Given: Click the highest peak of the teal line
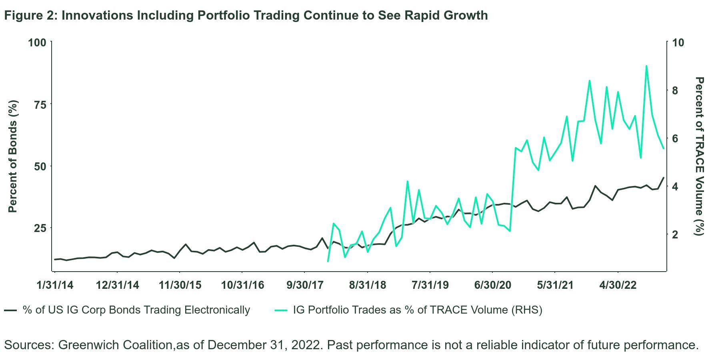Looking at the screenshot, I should (646, 66).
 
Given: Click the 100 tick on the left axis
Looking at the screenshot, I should (37, 42).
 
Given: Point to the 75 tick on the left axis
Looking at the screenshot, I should (40, 104).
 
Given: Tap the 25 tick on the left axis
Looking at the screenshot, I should (40, 228).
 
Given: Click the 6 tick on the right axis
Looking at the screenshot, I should (676, 138).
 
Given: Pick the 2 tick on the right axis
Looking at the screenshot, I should (676, 234).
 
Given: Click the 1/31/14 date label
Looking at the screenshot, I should (55, 285).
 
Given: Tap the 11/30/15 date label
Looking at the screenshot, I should (180, 285).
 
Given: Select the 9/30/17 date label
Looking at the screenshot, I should (305, 285).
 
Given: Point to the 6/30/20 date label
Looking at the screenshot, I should (492, 285).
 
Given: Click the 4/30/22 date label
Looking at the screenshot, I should (618, 285).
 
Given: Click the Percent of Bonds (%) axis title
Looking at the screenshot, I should (13, 156).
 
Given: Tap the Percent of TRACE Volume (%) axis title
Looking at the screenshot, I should (699, 156).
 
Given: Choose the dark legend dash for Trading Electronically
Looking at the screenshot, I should (10, 310).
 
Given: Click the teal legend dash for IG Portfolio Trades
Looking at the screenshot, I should (281, 310).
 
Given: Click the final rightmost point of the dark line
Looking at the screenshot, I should (664, 178).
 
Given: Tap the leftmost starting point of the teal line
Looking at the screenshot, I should (328, 261).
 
